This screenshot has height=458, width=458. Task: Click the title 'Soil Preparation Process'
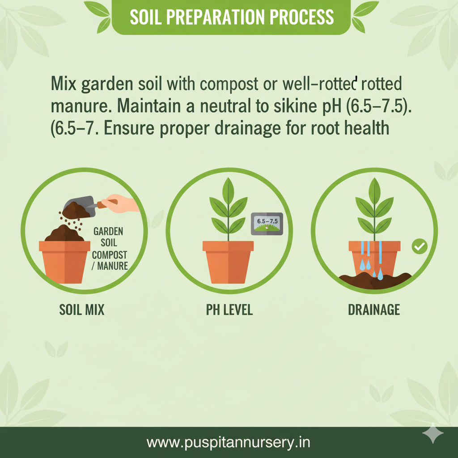pos(231,17)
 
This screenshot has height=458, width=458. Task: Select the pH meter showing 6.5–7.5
pos(267,224)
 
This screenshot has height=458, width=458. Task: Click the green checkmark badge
pos(420,246)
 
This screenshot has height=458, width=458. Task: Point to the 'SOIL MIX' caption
pos(82,310)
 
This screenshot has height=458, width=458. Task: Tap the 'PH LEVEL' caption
pos(229,310)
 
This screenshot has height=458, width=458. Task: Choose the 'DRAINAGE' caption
pos(374,310)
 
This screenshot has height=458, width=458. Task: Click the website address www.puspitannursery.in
pos(229,443)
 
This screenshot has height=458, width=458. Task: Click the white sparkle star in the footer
pos(433,433)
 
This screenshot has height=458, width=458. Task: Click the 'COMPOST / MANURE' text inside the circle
pos(109,260)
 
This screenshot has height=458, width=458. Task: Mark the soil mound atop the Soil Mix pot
pos(64,233)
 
